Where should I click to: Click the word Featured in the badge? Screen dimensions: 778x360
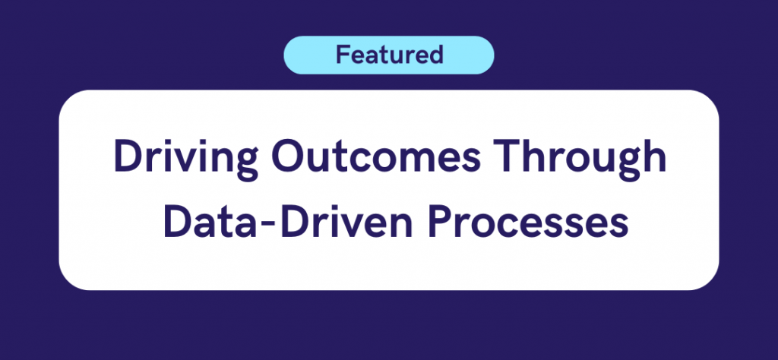pos(390,55)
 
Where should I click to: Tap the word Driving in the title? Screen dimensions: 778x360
pos(186,158)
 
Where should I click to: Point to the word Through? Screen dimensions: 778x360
pos(579,158)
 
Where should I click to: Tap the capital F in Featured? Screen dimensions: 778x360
pos(343,55)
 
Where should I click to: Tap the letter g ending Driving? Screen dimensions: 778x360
pos(245,163)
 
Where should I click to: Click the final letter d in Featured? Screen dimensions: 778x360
pos(435,55)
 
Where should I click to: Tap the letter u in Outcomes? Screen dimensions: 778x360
pos(324,160)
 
